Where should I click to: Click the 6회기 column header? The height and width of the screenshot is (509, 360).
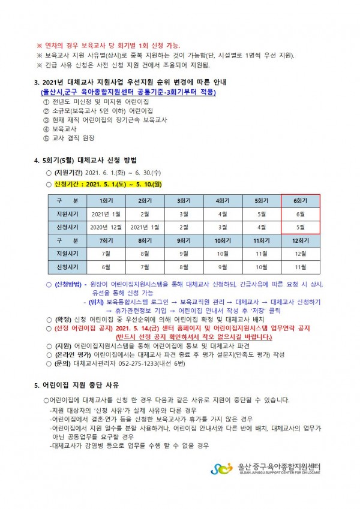click(x=301, y=200)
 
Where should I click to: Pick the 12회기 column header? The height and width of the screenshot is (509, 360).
click(x=301, y=240)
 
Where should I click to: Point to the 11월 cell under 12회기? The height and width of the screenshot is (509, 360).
click(x=301, y=266)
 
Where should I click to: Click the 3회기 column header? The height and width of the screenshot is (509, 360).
click(x=184, y=200)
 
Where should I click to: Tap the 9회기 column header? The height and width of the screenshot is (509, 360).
click(x=184, y=240)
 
